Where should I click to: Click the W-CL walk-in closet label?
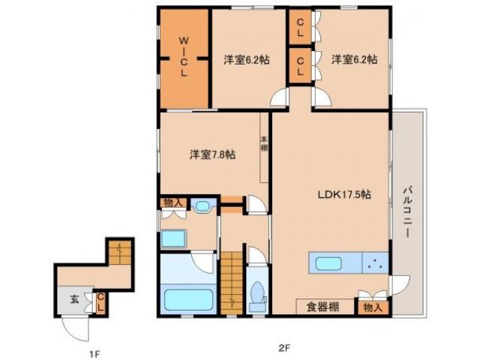coord(183,58)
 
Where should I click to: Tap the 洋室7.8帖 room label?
coord(212,154)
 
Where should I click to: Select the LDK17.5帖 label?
coord(343,194)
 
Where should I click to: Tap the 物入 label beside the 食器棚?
coord(373,306)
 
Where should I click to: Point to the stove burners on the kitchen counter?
coord(374,264)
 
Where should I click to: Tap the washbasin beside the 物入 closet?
coord(202,206)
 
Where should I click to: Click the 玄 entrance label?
coord(74,298)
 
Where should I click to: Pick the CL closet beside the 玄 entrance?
coord(100,302)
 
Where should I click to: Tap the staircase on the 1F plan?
coord(118,253)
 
